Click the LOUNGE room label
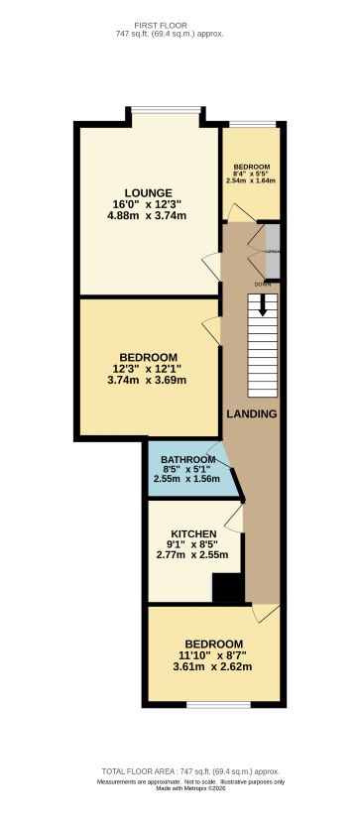(x=149, y=192)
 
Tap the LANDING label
(x=251, y=413)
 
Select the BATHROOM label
(x=188, y=459)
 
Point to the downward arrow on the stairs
(x=263, y=306)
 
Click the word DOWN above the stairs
(x=263, y=285)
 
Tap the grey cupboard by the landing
(x=273, y=252)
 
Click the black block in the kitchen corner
(x=228, y=588)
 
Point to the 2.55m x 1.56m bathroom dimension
(x=188, y=479)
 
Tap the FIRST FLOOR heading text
(x=180, y=24)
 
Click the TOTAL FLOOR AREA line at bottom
(x=190, y=771)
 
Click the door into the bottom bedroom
(x=262, y=614)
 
